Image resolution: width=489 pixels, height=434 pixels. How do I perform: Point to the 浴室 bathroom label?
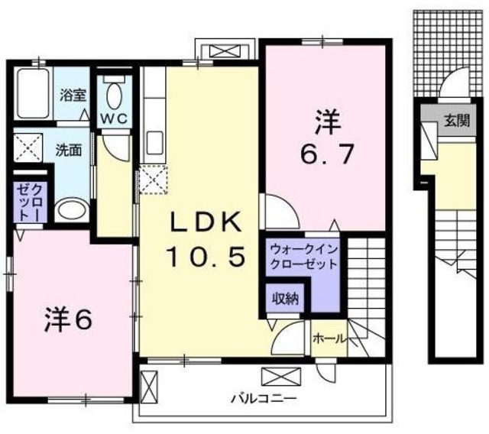73,96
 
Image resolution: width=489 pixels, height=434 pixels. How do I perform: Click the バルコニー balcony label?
256,399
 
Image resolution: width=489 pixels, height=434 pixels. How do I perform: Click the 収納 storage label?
286,299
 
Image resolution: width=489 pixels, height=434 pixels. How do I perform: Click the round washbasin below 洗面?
71,210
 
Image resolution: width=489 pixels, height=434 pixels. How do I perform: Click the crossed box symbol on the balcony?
276,377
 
